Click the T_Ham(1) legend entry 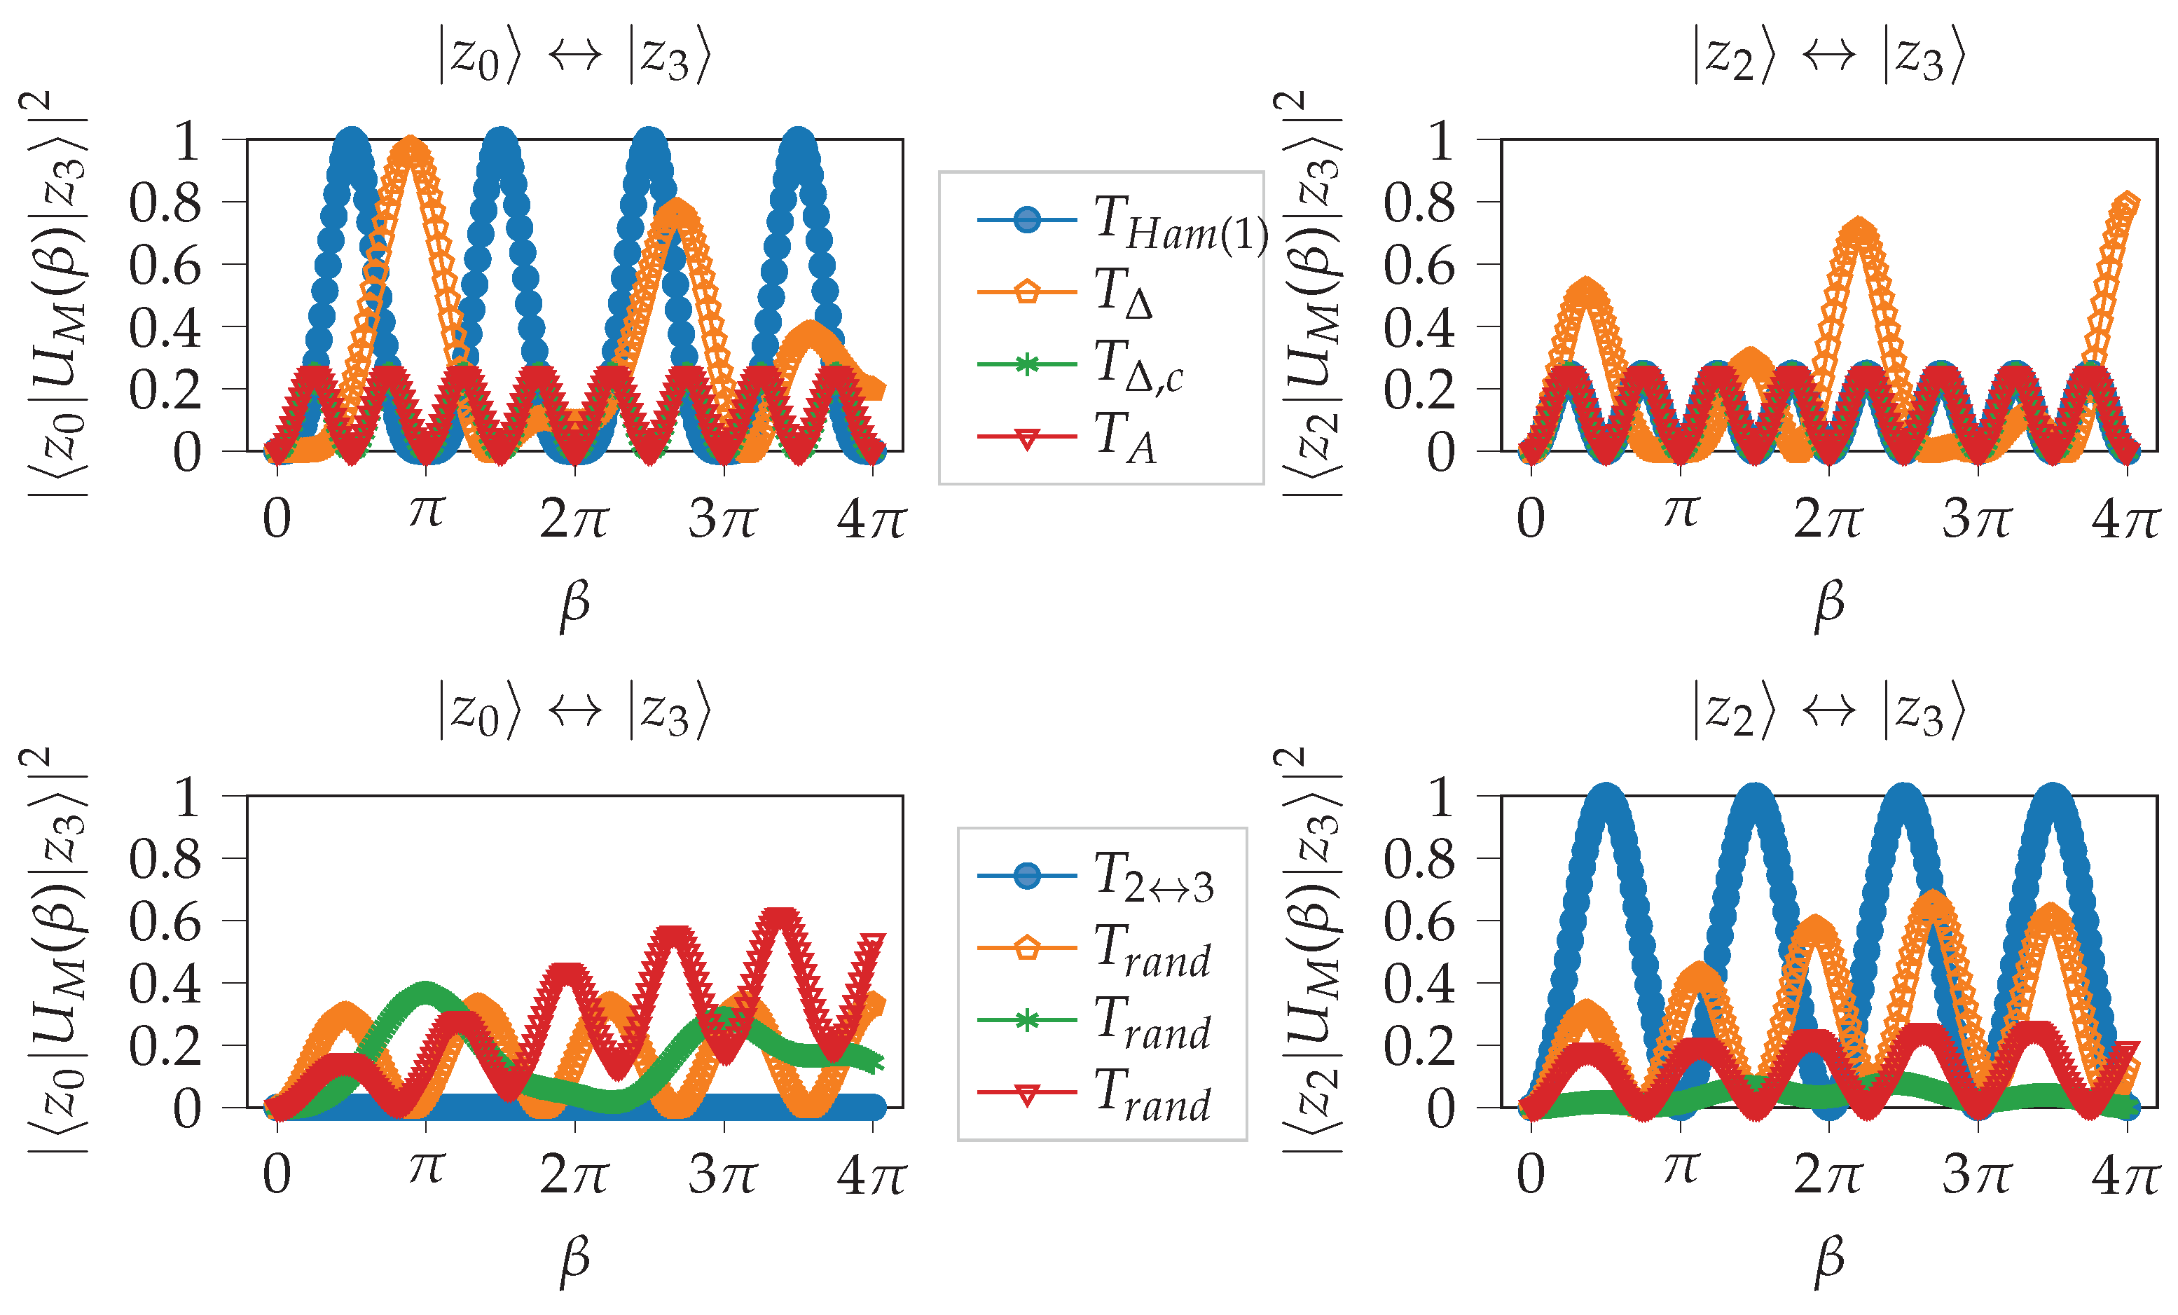(1122, 221)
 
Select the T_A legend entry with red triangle (1122, 437)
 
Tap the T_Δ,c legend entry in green (1122, 365)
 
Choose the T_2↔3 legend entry (1122, 876)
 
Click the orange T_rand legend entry (1122, 949)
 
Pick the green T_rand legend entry (1122, 1021)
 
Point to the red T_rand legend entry (1122, 1094)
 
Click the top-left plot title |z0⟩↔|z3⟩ (574, 55)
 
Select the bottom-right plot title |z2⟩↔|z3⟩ (1828, 710)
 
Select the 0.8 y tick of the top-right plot (1419, 203)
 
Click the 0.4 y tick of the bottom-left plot (165, 984)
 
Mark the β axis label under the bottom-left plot (574, 1260)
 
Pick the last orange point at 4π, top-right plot (2127, 204)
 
